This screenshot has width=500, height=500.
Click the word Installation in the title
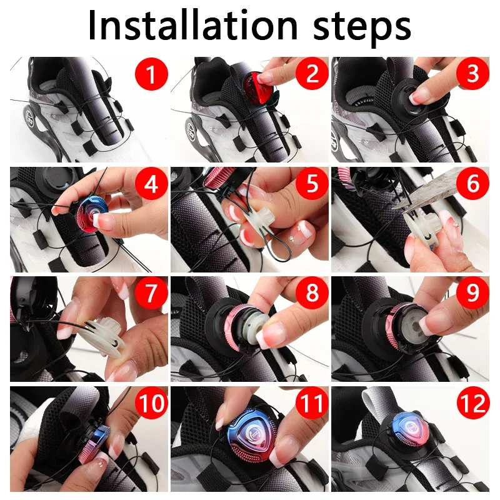click(193, 26)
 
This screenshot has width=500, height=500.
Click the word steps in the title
click(362, 29)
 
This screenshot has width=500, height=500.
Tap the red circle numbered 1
click(151, 74)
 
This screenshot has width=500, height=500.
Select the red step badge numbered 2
click(312, 74)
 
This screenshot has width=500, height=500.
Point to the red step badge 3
click(472, 74)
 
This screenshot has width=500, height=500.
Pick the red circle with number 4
click(151, 184)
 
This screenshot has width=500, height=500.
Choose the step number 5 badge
click(312, 184)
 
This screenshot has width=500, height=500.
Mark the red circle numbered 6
click(472, 184)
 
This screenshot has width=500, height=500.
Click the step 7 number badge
click(151, 293)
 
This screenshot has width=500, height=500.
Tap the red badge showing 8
click(312, 293)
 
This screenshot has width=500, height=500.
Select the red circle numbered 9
click(472, 293)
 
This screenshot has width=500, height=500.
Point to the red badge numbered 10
click(151, 403)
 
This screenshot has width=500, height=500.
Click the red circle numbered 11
click(312, 403)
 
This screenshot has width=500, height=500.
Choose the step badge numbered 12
click(472, 403)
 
